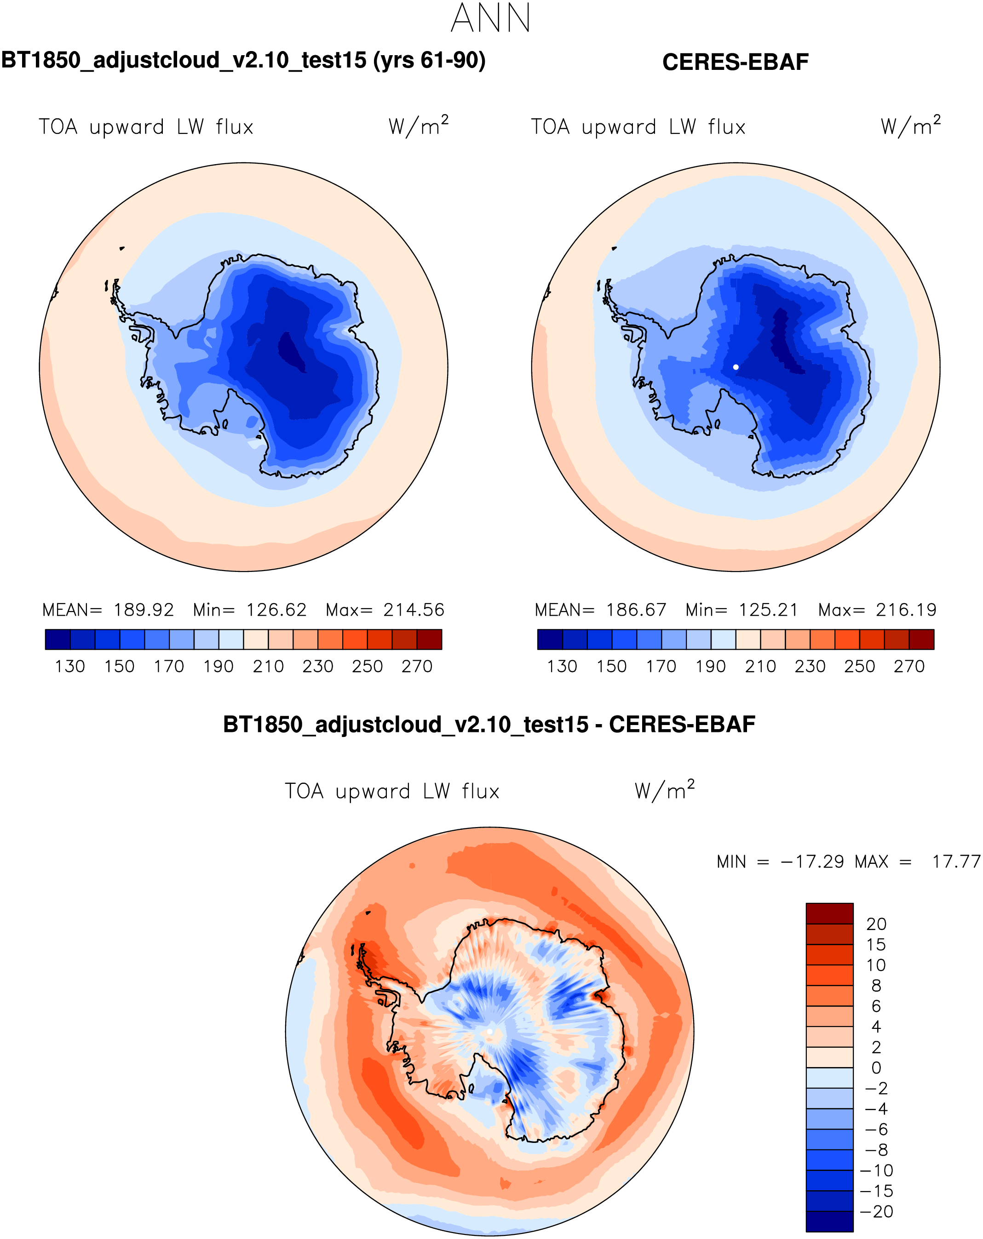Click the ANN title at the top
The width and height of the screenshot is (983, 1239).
pyautogui.click(x=490, y=18)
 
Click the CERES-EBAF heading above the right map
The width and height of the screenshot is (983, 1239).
pyautogui.click(x=735, y=62)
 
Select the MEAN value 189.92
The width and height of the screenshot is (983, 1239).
pyautogui.click(x=144, y=610)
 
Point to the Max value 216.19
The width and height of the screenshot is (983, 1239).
pyautogui.click(x=906, y=610)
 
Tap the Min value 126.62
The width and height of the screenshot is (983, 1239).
pyautogui.click(x=276, y=610)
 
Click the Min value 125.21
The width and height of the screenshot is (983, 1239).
pyautogui.click(x=769, y=610)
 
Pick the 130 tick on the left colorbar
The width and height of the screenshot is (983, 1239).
pyautogui.click(x=69, y=667)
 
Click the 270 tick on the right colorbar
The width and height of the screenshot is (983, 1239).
pyautogui.click(x=909, y=667)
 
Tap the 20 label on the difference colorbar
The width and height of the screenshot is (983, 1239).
pyautogui.click(x=876, y=924)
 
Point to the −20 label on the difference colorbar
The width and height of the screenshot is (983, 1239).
pyautogui.click(x=876, y=1211)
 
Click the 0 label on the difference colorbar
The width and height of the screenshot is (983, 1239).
pyautogui.click(x=876, y=1068)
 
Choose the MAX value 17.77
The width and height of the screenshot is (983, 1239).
pyautogui.click(x=956, y=862)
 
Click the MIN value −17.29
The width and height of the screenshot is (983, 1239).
pyautogui.click(x=812, y=862)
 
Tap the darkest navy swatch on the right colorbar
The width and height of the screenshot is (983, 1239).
pyautogui.click(x=550, y=639)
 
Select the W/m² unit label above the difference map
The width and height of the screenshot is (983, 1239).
pyautogui.click(x=665, y=791)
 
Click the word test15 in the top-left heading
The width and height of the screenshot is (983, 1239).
pyautogui.click(x=333, y=60)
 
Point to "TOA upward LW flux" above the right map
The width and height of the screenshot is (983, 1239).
pyautogui.click(x=638, y=127)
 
